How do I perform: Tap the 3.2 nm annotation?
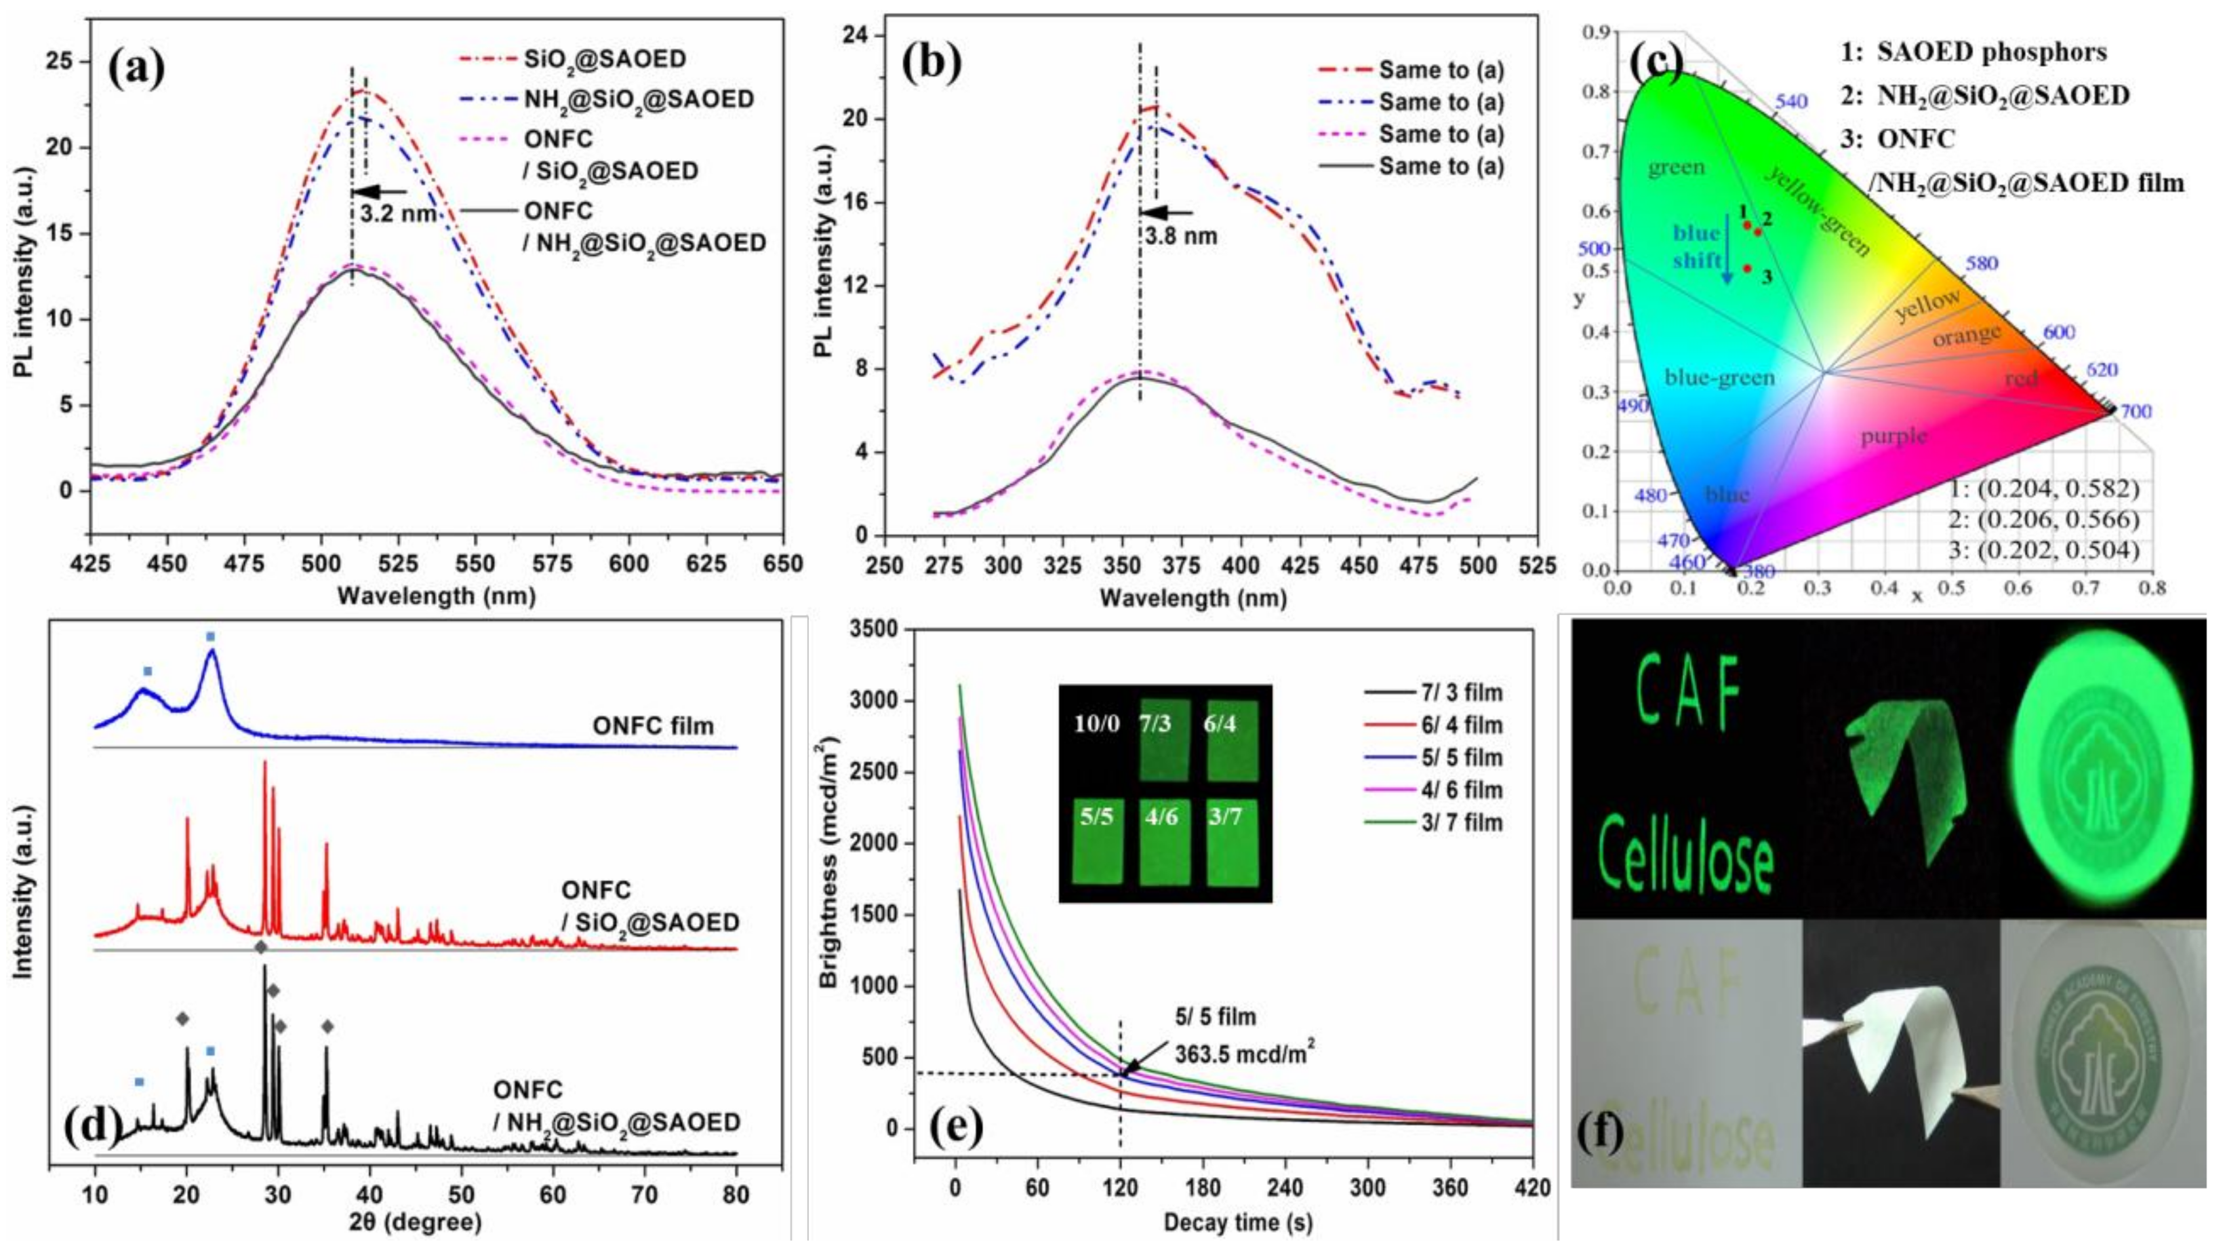pyautogui.click(x=398, y=212)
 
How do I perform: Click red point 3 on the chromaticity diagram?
pyautogui.click(x=1746, y=268)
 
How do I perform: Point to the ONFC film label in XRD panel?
pyautogui.click(x=653, y=726)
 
